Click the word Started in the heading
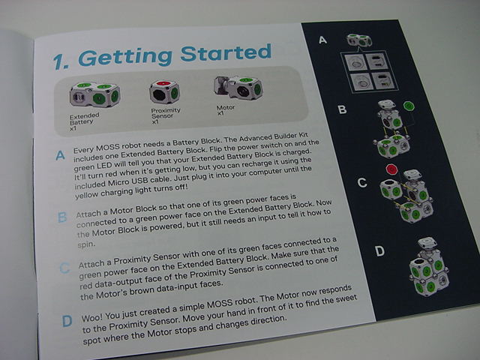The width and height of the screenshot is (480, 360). tap(226, 52)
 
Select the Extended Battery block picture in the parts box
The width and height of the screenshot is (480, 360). tap(95, 94)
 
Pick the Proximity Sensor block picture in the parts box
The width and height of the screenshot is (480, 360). tap(164, 91)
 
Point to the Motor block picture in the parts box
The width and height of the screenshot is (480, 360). tap(238, 88)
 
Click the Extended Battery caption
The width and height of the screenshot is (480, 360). tap(84, 121)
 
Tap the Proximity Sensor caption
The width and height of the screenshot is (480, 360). tap(166, 115)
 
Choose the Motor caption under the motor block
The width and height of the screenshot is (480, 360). tap(226, 110)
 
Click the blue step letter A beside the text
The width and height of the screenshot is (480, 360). tap(60, 155)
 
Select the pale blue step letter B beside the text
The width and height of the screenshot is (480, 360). tap(62, 217)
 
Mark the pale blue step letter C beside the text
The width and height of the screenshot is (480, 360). tap(64, 268)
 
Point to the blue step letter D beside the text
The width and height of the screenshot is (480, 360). tap(67, 321)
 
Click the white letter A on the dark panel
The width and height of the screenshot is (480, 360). tap(322, 40)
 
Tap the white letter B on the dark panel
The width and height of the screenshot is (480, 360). tap(342, 109)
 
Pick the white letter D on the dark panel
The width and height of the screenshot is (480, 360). tap(380, 251)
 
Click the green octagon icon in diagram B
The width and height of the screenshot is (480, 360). tap(409, 106)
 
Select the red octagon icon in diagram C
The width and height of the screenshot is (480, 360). tap(391, 169)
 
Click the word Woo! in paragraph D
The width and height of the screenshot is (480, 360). tap(93, 316)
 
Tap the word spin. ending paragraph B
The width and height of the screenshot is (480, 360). tap(86, 244)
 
